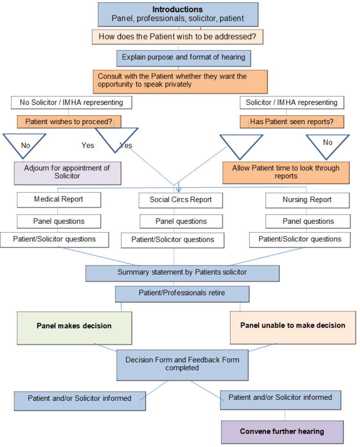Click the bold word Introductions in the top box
pyautogui.click(x=177, y=9)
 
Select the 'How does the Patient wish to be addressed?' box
pyautogui.click(x=177, y=37)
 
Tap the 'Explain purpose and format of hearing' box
pyautogui.click(x=183, y=58)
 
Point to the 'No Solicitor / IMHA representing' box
pyautogui.click(x=71, y=102)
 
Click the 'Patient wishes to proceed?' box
pyautogui.click(x=69, y=122)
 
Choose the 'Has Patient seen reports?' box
pyautogui.click(x=292, y=122)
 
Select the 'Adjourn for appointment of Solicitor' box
pyautogui.click(x=68, y=174)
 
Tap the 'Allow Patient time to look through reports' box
pyautogui.click(x=286, y=173)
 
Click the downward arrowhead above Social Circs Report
pyautogui.click(x=178, y=189)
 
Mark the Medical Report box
pyautogui.click(x=59, y=200)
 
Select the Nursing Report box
pyautogui.click(x=307, y=200)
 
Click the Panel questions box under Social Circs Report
pyautogui.click(x=181, y=221)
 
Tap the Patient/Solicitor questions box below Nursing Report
pyautogui.click(x=300, y=240)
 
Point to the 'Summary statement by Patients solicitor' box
pyautogui.click(x=182, y=273)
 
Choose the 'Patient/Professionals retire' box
pyautogui.click(x=182, y=294)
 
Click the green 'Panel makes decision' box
pyautogui.click(x=74, y=328)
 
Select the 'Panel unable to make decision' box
pyautogui.click(x=293, y=328)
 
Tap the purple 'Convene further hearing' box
pyautogui.click(x=282, y=432)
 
